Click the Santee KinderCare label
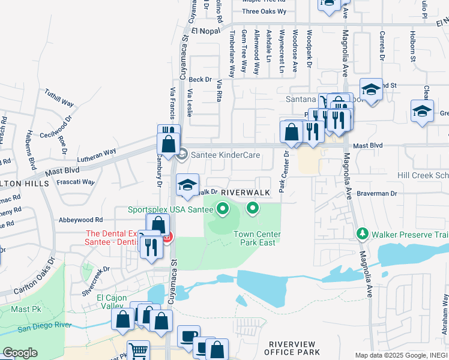[225, 155]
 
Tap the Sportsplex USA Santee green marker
[223, 209]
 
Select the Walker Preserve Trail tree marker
[362, 233]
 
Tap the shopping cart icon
[139, 350]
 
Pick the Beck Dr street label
[200, 79]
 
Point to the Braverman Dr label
[377, 193]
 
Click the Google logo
[20, 353]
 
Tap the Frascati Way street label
[76, 182]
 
